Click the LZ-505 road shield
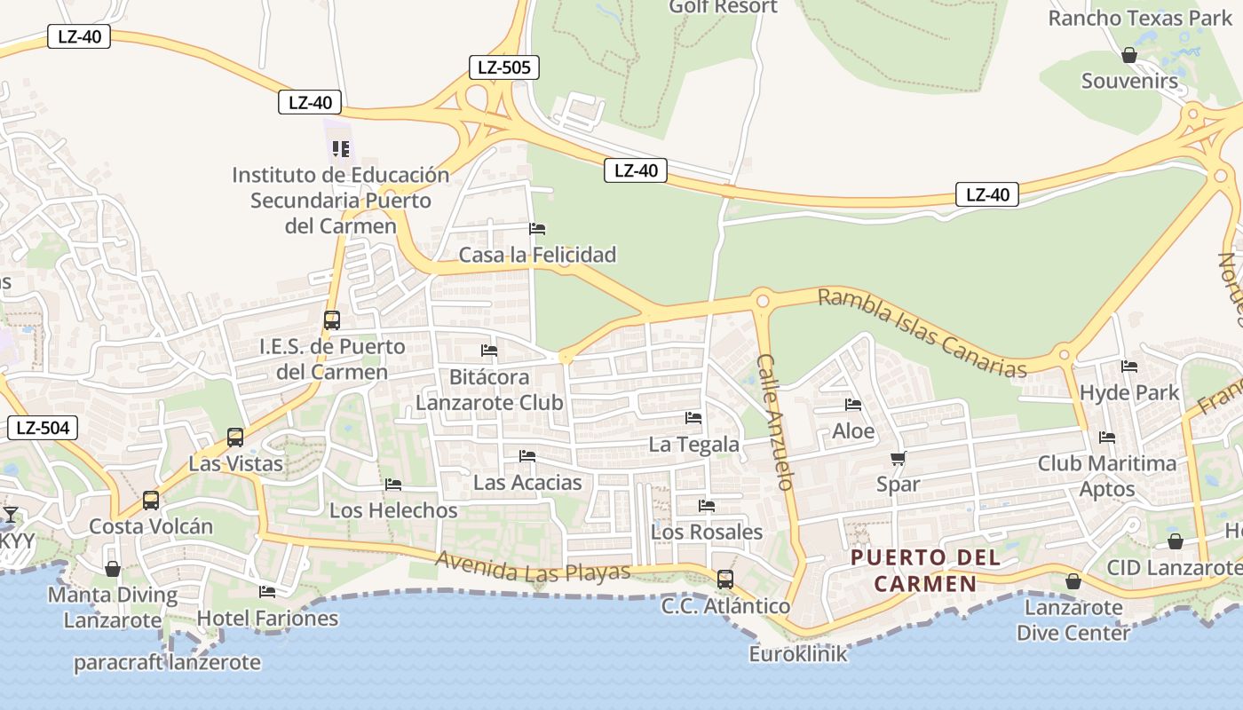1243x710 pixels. click(x=503, y=67)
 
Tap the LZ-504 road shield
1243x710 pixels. click(x=43, y=428)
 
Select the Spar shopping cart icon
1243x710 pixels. click(x=898, y=459)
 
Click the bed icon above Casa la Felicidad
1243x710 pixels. click(x=537, y=229)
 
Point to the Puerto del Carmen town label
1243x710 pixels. click(x=925, y=571)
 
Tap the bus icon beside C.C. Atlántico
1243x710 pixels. click(x=725, y=580)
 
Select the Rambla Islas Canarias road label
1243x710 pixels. click(x=922, y=333)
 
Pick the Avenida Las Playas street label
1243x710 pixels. click(x=533, y=568)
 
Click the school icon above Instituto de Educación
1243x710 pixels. click(x=341, y=149)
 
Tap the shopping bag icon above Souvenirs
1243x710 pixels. click(x=1129, y=55)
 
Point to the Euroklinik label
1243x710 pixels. click(x=798, y=655)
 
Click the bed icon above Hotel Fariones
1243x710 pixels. click(x=267, y=591)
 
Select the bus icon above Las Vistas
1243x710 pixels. click(x=235, y=437)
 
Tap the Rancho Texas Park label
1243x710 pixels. click(x=1140, y=18)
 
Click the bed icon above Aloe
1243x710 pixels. click(x=853, y=405)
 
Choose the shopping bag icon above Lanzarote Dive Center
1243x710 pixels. click(x=1073, y=581)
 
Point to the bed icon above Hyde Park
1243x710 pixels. click(x=1129, y=366)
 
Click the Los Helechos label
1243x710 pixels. click(x=393, y=510)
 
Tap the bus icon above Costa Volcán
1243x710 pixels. click(x=151, y=500)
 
